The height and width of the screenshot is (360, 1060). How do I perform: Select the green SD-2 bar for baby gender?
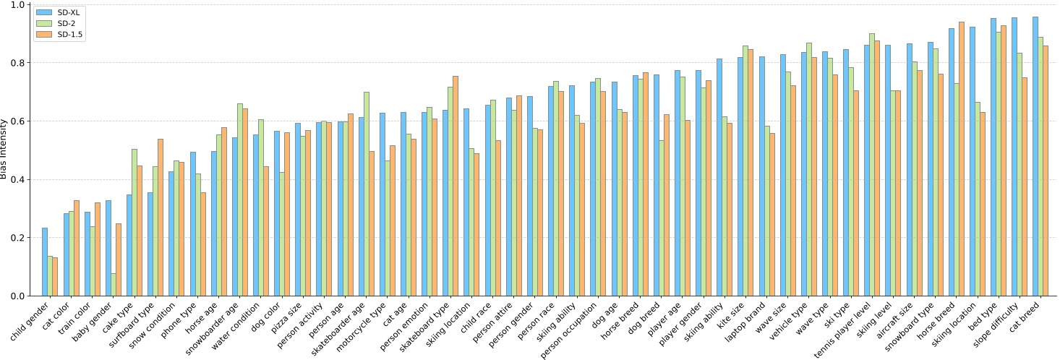pyautogui.click(x=114, y=284)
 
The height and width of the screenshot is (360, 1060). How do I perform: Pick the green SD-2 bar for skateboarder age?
pyautogui.click(x=367, y=194)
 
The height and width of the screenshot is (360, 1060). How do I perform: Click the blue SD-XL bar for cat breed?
pyautogui.click(x=1035, y=156)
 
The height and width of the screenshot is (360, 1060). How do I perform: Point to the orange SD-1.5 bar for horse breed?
pyautogui.click(x=961, y=158)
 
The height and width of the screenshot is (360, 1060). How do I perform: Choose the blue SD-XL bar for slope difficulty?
pyautogui.click(x=1014, y=156)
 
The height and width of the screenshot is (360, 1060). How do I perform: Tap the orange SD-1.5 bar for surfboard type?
pyautogui.click(x=161, y=217)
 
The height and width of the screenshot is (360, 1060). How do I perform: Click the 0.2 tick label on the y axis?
pyautogui.click(x=17, y=238)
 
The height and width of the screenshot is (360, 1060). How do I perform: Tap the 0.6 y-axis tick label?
pyautogui.click(x=17, y=121)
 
